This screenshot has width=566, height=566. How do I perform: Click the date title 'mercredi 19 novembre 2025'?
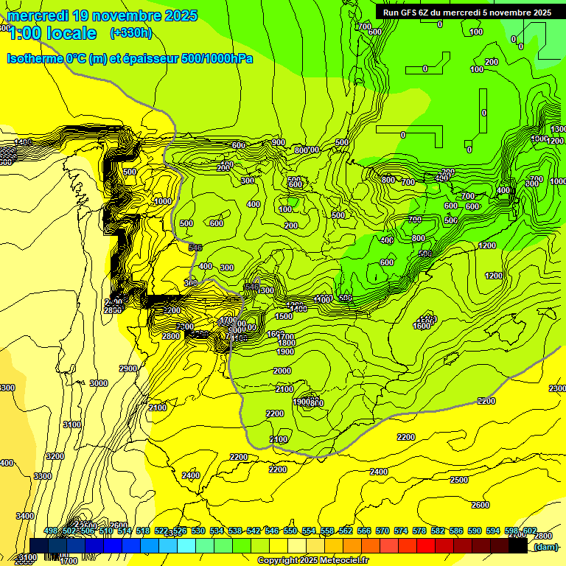click(x=102, y=15)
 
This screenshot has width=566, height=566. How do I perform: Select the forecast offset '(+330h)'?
click(x=130, y=32)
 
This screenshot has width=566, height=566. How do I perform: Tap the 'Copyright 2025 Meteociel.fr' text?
click(x=312, y=561)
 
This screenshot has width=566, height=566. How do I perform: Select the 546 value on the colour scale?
click(x=272, y=531)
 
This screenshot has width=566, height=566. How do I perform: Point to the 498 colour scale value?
click(x=51, y=531)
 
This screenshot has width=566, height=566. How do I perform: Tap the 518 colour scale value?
click(x=143, y=531)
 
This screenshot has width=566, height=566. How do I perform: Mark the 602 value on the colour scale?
click(x=529, y=531)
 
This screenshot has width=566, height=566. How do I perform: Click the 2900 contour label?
click(x=128, y=368)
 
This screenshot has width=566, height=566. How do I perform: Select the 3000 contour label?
click(x=98, y=383)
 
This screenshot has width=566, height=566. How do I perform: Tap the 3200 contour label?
click(x=55, y=456)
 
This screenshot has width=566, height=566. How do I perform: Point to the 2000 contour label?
click(x=282, y=371)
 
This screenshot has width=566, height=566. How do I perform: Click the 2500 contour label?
click(x=458, y=480)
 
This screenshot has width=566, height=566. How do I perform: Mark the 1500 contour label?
click(x=283, y=316)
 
